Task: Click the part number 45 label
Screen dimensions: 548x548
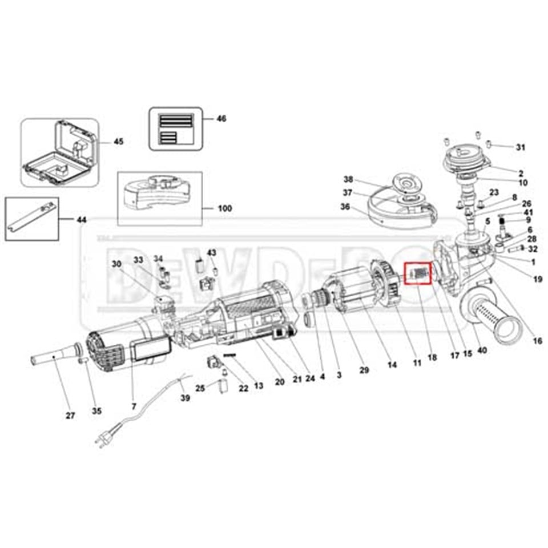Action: coord(118,141)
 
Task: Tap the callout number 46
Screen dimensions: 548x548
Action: coord(221,119)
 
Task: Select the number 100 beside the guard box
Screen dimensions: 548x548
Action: coord(225,208)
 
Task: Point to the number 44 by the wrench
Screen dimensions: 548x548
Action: coord(83,219)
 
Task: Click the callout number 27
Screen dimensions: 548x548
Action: coord(70,416)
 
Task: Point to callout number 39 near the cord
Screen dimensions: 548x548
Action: coord(185,398)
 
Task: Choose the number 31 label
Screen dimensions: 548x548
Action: coord(520,147)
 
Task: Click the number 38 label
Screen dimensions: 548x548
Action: coord(348,178)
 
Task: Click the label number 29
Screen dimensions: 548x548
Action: coord(364,370)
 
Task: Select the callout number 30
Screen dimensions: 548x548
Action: coord(117,264)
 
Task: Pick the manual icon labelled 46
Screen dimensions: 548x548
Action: coord(176,128)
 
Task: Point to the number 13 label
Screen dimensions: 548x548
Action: coord(259,386)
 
